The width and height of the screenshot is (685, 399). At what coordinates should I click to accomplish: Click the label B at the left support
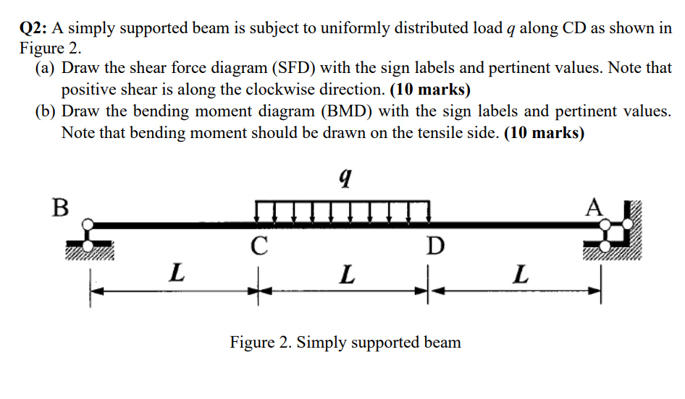pos(61,206)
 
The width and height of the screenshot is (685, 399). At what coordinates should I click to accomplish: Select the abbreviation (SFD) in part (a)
pos(293,69)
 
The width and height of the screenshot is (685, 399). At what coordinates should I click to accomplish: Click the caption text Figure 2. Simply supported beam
pos(345,341)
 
